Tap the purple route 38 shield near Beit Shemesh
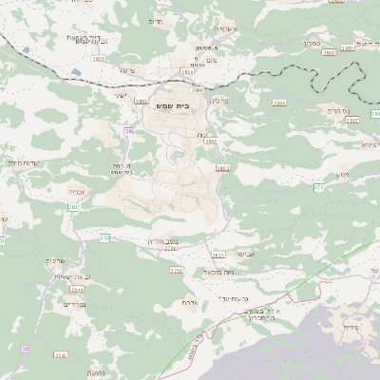tap(127, 130)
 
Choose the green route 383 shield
tap(73, 207)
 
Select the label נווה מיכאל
tap(218, 272)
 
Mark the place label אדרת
tap(188, 303)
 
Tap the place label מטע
tap(343, 175)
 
